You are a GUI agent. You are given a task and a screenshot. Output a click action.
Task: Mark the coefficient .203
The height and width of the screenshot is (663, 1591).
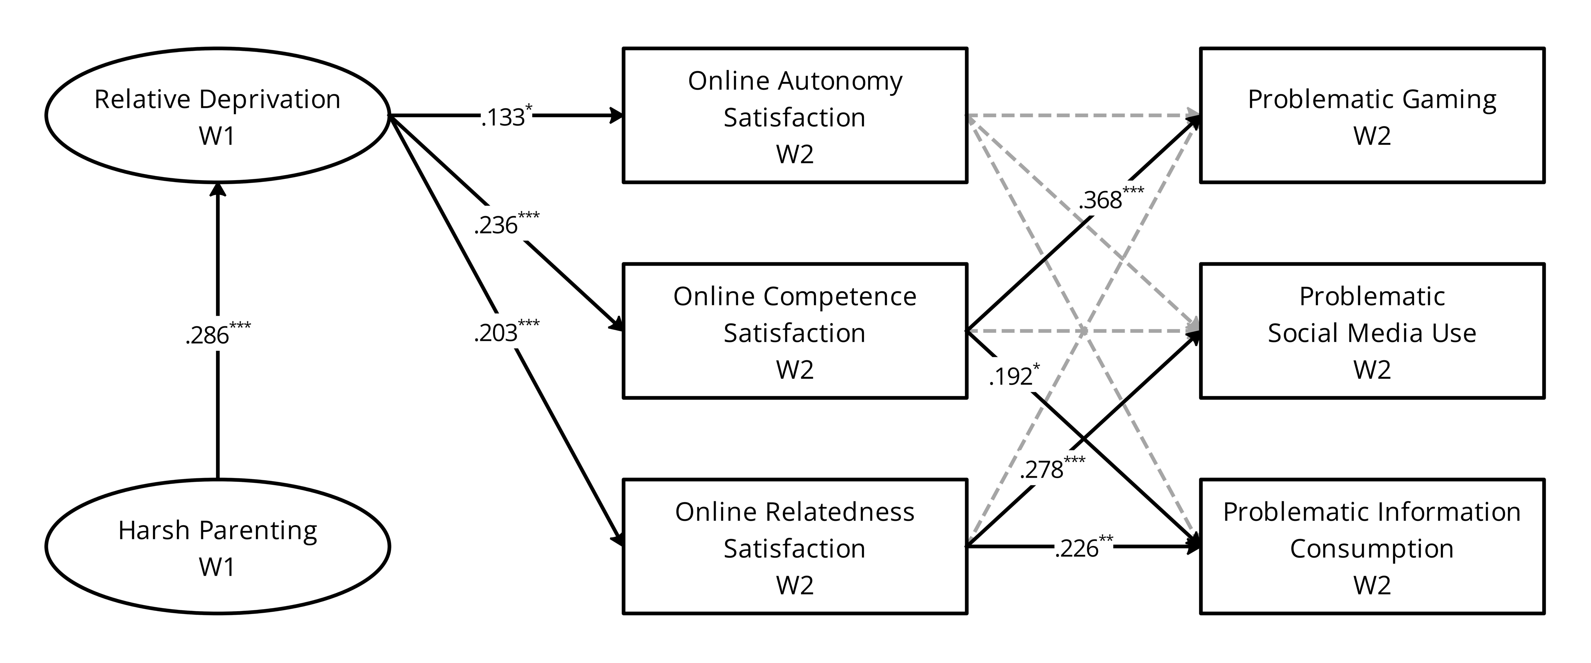pos(496,333)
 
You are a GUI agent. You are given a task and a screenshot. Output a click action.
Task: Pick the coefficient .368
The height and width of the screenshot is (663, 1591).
pos(1101,200)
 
